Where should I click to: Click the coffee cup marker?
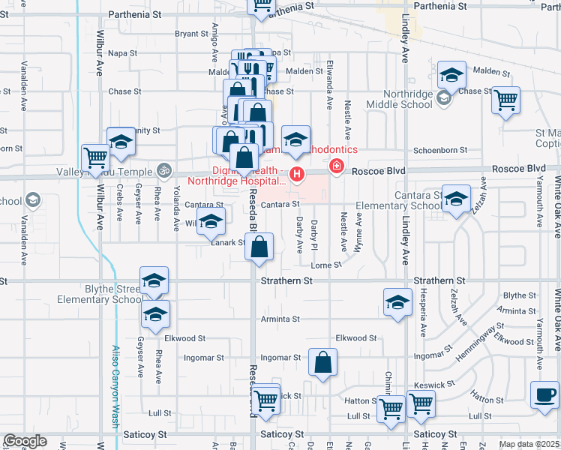(545, 394)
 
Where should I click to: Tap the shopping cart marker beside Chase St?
(506, 100)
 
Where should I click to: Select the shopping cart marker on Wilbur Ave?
(96, 158)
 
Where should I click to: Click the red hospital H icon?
(298, 176)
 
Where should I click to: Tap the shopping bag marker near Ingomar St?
(322, 364)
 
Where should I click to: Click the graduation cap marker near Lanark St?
(211, 221)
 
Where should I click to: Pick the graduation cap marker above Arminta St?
(397, 302)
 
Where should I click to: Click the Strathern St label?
(286, 281)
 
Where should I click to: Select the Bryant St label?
(191, 34)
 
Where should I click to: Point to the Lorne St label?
(327, 265)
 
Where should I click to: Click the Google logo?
(25, 441)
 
